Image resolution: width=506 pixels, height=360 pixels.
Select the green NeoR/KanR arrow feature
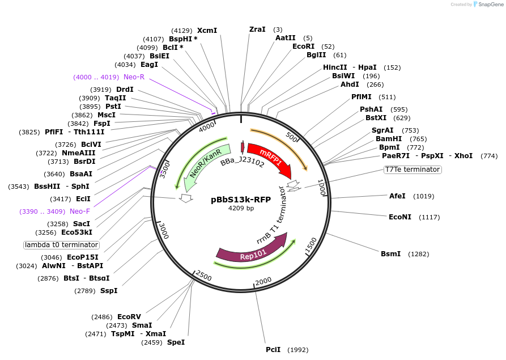[x=205, y=163]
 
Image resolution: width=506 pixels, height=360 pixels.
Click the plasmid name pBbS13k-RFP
[x=241, y=200]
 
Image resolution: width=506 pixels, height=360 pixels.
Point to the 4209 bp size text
[x=241, y=208]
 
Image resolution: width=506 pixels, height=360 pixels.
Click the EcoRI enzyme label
[x=303, y=46]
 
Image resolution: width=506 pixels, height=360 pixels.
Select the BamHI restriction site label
[x=389, y=139]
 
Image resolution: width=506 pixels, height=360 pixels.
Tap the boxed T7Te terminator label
[x=412, y=170]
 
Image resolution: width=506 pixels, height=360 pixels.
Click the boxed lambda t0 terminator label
[x=61, y=245]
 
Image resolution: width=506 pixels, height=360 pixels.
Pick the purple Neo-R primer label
[x=134, y=77]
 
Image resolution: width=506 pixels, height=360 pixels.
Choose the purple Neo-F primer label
[x=80, y=211]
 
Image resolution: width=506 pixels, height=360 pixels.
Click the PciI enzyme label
[x=273, y=349]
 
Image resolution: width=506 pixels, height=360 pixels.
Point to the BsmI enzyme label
[x=390, y=253]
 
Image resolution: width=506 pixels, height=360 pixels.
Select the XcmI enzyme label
[x=207, y=31]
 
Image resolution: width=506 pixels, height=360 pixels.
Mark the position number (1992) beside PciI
[x=298, y=350]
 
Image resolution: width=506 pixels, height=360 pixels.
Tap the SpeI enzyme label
[x=176, y=342]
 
